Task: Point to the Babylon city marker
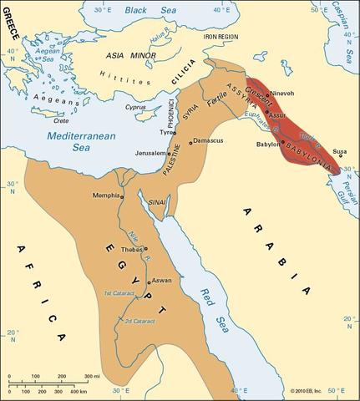coord(281,144)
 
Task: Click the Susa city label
coord(339,152)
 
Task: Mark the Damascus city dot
coord(190,142)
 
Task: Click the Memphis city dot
coord(122,196)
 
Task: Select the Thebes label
coord(132,248)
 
